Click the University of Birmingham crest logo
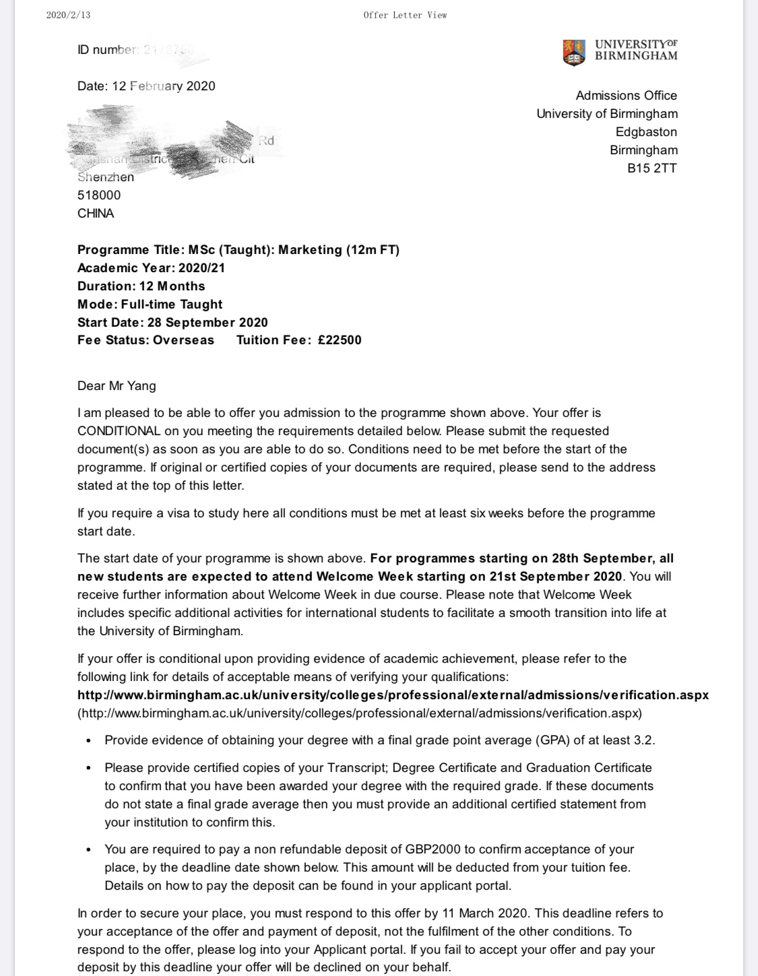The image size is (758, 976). point(573,52)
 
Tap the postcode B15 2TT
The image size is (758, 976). point(652,168)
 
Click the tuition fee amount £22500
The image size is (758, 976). point(340,340)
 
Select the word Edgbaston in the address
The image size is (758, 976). point(646,132)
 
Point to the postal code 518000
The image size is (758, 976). point(99,195)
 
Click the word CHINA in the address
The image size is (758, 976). point(96,214)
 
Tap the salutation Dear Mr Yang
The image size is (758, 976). point(117,386)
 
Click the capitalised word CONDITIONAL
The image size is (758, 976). point(119,431)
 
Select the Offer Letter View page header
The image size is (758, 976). point(405,15)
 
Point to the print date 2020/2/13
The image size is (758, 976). point(68,15)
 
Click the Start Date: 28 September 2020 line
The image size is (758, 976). point(172,322)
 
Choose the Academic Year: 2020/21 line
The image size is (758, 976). point(151,268)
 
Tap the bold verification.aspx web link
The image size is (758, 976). point(393,694)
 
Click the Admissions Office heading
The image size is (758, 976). point(626,96)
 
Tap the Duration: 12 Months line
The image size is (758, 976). point(141,286)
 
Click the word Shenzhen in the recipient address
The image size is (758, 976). point(106,177)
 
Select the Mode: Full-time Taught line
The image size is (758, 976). point(150,304)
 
